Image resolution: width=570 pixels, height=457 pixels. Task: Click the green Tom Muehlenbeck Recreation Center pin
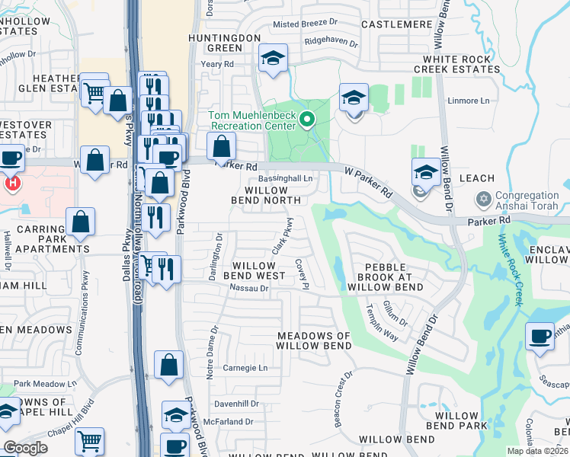pos(307,120)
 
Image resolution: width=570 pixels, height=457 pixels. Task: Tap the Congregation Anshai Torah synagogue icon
pos(482,200)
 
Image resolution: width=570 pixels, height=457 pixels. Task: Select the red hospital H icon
pos(11,184)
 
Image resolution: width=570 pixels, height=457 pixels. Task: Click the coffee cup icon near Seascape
pos(540,335)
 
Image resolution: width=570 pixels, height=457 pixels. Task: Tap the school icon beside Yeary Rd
pos(271,58)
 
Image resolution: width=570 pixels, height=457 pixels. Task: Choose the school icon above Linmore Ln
pos(354,98)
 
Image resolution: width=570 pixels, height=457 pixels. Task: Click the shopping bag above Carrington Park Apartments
pos(80,222)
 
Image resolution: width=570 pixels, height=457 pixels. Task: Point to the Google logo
pos(26,448)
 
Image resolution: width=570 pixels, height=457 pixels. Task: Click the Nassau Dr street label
pos(249,289)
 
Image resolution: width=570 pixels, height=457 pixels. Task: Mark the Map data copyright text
pos(536,451)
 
